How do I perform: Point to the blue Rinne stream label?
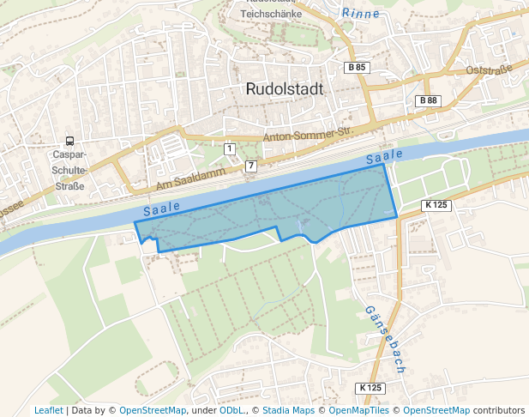pyautogui.click(x=360, y=13)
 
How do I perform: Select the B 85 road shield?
pyautogui.click(x=356, y=67)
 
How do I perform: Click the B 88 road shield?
pyautogui.click(x=427, y=100)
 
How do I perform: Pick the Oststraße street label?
pyautogui.click(x=488, y=69)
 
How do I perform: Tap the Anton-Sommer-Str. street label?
pyautogui.click(x=308, y=136)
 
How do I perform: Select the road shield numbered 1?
pyautogui.click(x=229, y=148)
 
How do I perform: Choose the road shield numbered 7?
pyautogui.click(x=250, y=165)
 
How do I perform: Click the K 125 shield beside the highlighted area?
pyautogui.click(x=436, y=205)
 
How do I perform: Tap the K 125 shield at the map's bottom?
pyautogui.click(x=370, y=388)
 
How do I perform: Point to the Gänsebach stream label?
pyautogui.click(x=384, y=339)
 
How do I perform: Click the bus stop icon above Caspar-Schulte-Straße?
pyautogui.click(x=69, y=142)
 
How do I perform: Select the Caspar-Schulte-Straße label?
pyautogui.click(x=69, y=170)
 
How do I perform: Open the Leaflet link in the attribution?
pyautogui.click(x=48, y=410)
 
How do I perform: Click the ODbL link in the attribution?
pyautogui.click(x=231, y=410)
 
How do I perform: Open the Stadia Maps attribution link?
pyautogui.click(x=288, y=410)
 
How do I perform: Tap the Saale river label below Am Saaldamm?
pyautogui.click(x=162, y=208)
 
